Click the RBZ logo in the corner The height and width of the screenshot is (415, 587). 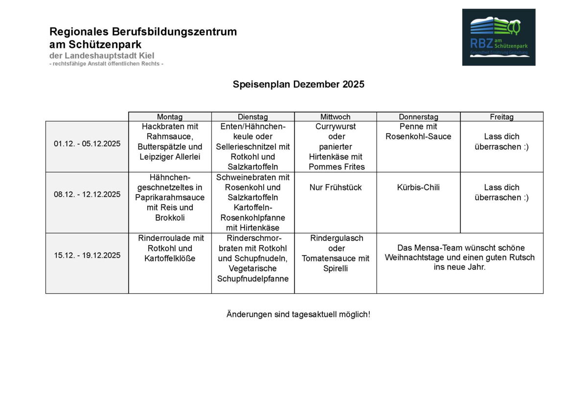coord(498,37)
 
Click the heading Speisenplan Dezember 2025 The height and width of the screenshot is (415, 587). coord(298,84)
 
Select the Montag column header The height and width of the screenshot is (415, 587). coord(170,117)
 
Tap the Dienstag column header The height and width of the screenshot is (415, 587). coord(253,117)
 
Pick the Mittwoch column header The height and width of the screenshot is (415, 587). coord(336,117)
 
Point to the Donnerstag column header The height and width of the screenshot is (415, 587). coord(418,117)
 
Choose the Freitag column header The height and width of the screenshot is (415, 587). coord(501,117)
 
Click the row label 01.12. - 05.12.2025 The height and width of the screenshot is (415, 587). coord(87,144)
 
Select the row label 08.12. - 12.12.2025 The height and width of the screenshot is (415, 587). coord(87,195)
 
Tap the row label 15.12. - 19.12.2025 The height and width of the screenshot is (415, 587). coord(87,255)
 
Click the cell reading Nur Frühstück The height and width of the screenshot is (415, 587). coord(336,187)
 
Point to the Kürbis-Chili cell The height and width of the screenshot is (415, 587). coord(418,187)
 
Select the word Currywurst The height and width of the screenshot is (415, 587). coord(336,127)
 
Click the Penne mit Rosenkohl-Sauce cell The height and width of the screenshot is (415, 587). coord(418,131)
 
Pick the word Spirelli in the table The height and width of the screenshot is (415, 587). coord(336,268)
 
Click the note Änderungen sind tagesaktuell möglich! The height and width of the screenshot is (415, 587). coord(298,314)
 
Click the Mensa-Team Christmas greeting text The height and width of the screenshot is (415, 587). coord(460,258)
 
